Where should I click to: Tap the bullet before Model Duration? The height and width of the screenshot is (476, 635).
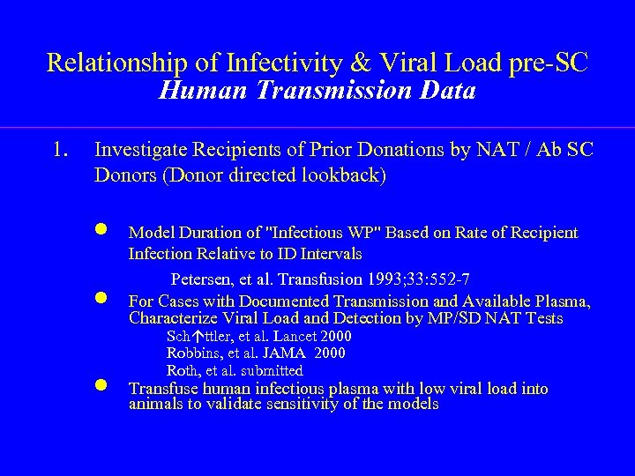click(x=102, y=231)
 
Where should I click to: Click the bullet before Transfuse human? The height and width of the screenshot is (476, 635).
click(x=102, y=386)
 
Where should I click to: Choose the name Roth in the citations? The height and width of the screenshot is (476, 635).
click(x=182, y=370)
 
